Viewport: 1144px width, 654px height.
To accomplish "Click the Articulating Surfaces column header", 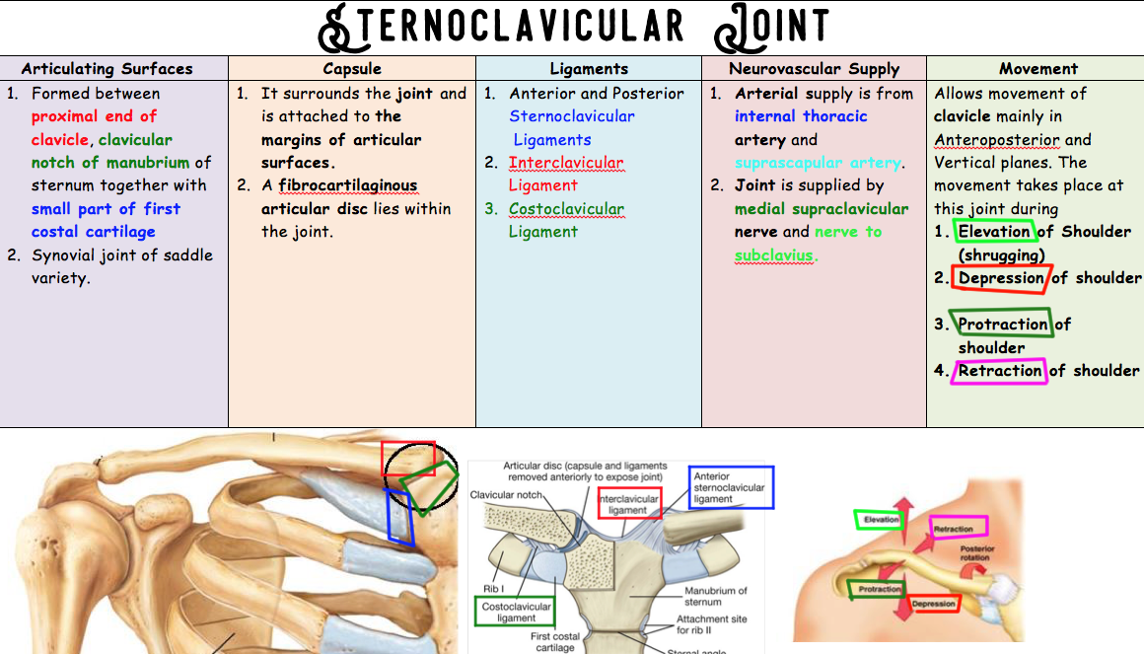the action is coord(107,69).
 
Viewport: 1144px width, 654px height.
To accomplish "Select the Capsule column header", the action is coord(351,69).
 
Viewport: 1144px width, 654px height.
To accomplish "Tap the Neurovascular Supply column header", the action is coord(814,69).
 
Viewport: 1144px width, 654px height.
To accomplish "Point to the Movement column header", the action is coord(1037,69).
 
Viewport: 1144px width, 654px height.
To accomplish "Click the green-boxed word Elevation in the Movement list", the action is coord(994,232).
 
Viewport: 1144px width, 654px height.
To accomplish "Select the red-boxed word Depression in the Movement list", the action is coord(1001,278).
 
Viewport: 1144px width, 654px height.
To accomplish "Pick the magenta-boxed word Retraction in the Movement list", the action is coord(1000,371).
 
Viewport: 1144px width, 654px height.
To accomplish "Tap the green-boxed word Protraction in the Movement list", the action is coord(1003,325).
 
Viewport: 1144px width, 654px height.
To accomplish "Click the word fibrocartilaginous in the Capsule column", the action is coord(348,185).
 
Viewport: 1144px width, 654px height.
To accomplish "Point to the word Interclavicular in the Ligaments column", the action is coord(565,163).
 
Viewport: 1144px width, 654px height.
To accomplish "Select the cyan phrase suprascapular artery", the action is coord(819,163).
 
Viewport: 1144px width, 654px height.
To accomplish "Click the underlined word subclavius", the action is coord(774,255).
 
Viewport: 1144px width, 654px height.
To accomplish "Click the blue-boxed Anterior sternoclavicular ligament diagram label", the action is coord(730,487).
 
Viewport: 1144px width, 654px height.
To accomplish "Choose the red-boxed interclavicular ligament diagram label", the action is coord(628,504).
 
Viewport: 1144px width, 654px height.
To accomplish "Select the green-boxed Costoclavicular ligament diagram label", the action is coord(515,612).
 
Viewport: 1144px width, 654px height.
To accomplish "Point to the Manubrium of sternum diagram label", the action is coord(715,596).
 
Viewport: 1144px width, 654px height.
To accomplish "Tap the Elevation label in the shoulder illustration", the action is coord(881,520).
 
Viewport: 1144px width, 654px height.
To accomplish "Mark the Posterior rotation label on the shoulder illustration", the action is coord(977,553).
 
